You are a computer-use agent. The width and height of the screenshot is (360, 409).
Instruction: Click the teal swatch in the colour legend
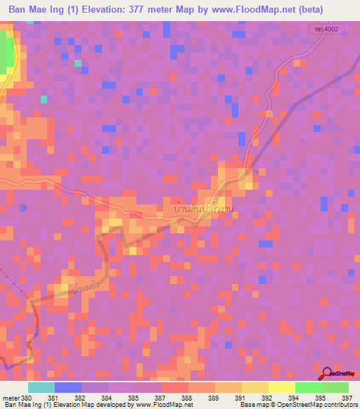[41, 387]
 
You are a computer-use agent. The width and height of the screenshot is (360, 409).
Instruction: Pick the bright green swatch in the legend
[308, 387]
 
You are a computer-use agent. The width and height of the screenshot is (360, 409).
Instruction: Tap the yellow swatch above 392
[281, 387]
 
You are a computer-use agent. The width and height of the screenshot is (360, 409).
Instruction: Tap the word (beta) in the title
[337, 10]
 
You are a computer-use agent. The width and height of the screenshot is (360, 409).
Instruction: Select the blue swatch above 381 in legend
[68, 387]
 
